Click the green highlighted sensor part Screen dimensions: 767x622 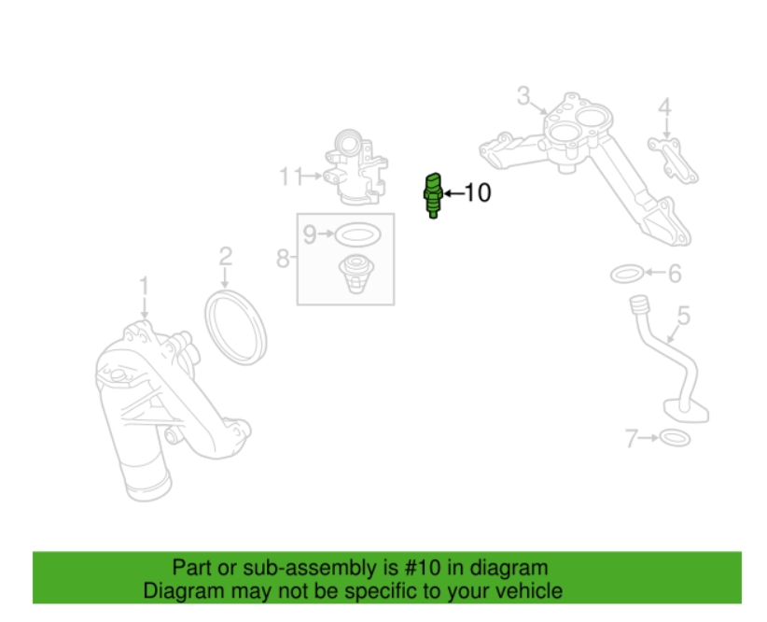(x=433, y=195)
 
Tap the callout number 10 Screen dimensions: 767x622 (x=477, y=193)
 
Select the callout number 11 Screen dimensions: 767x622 (x=291, y=177)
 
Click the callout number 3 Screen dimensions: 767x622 (x=523, y=96)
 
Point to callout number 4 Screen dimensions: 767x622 (x=664, y=107)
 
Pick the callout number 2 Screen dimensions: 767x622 (x=225, y=256)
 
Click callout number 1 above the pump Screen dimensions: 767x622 (x=144, y=286)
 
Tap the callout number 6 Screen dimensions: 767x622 (x=675, y=274)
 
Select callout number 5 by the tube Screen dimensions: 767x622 (x=683, y=316)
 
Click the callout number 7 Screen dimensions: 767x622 (x=632, y=438)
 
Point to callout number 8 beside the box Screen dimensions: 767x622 (x=283, y=258)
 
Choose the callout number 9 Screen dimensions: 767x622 (x=310, y=234)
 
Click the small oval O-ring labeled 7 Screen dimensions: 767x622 (x=675, y=438)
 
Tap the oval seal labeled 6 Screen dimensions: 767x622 (x=627, y=274)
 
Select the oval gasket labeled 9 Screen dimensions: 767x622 (x=358, y=234)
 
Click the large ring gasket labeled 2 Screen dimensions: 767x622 (x=235, y=327)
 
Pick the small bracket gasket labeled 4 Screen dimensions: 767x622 (x=673, y=161)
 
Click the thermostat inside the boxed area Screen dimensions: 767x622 (x=356, y=274)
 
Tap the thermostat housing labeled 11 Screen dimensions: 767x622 (x=356, y=167)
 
